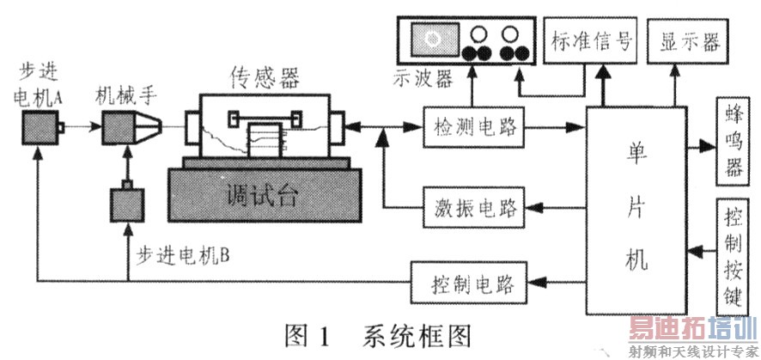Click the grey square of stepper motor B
tap(127, 206)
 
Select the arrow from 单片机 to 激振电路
tap(555, 206)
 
